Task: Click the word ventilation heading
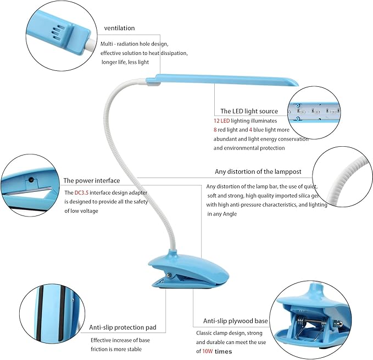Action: click(x=119, y=28)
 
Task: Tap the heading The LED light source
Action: click(x=249, y=111)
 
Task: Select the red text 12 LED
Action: click(x=222, y=120)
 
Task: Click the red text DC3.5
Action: click(x=81, y=192)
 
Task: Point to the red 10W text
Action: click(x=208, y=351)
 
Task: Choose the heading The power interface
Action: click(x=92, y=181)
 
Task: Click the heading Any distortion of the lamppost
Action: click(x=258, y=171)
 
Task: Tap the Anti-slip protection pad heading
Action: click(x=123, y=328)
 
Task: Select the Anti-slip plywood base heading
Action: click(x=236, y=321)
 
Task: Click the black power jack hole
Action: click(x=31, y=180)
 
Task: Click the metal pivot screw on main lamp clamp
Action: click(x=169, y=275)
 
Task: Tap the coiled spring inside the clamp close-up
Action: click(x=301, y=323)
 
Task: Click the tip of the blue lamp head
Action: click(x=298, y=84)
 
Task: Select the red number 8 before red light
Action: click(x=215, y=130)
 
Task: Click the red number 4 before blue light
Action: click(x=250, y=130)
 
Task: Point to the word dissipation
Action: click(x=174, y=53)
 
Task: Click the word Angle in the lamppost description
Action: click(x=230, y=214)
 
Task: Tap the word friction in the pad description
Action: click(x=99, y=349)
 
